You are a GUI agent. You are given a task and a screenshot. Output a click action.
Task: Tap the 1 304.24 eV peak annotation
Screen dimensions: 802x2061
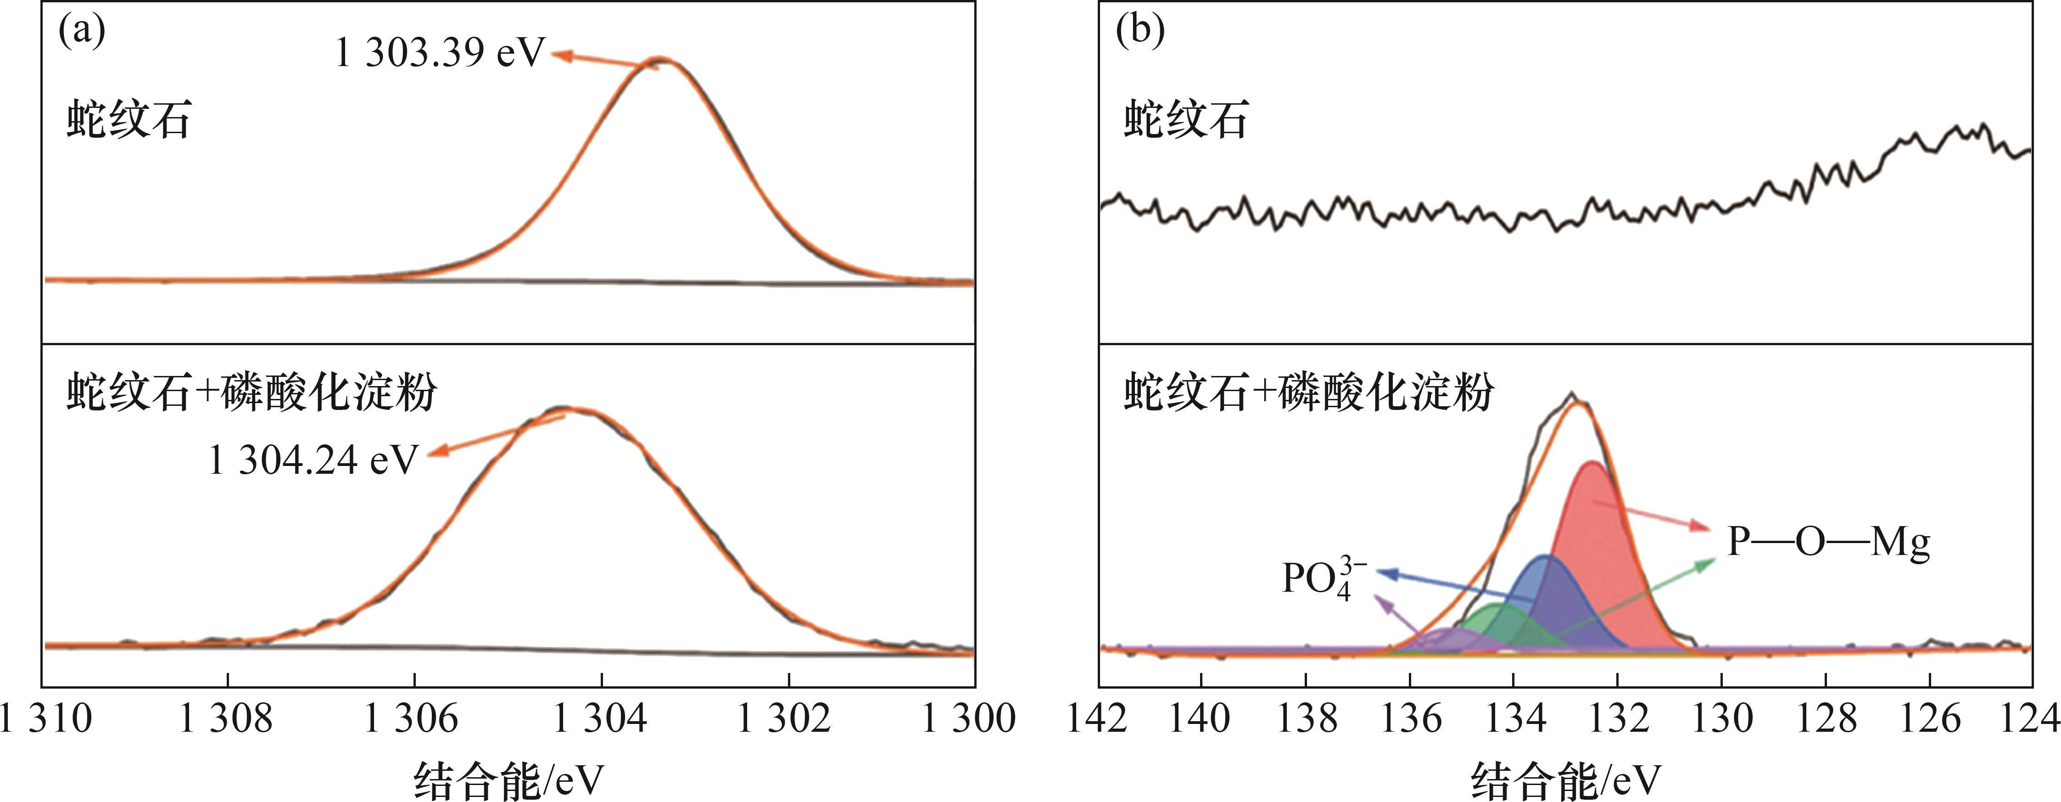point(313,460)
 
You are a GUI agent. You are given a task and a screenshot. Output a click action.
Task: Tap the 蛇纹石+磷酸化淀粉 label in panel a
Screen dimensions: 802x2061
point(251,392)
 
